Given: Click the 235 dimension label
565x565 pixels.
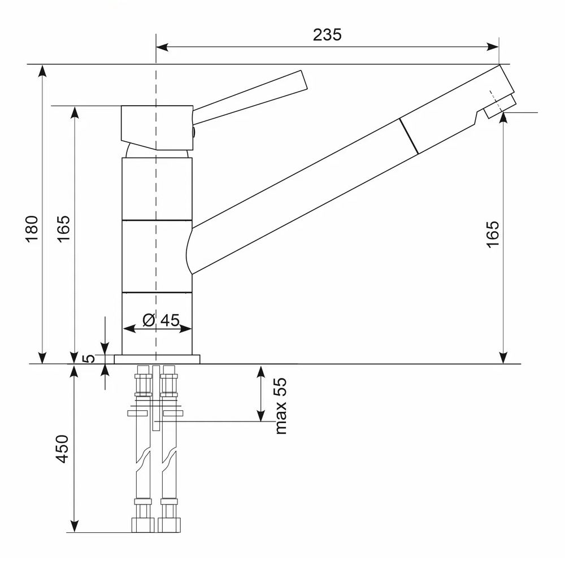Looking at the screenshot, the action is [x=327, y=35].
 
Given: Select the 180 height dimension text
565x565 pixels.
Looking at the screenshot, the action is [x=32, y=229].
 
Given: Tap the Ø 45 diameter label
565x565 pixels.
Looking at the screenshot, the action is [x=161, y=320].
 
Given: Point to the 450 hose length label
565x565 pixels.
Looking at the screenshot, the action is [x=62, y=449].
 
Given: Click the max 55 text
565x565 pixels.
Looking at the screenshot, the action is [x=281, y=406].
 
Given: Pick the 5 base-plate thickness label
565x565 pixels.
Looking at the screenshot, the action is [x=88, y=359].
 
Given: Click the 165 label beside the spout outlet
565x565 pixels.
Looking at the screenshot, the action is [x=493, y=234].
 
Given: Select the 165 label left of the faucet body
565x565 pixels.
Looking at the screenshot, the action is [x=64, y=229].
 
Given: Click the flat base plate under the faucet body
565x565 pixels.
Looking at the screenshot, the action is [x=157, y=359].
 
